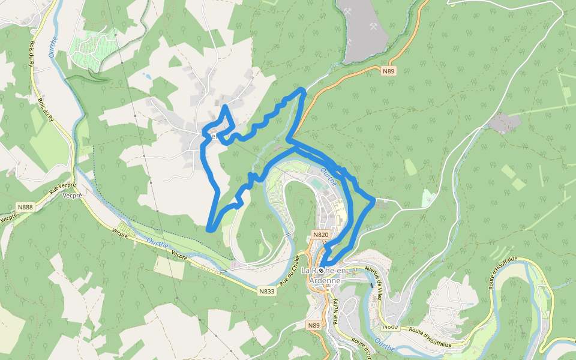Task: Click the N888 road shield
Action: point(26,207)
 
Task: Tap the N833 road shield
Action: point(267,292)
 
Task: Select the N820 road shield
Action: point(321,235)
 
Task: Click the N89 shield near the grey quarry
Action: point(389,71)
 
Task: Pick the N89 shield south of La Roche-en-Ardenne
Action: point(314,325)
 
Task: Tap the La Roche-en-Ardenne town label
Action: point(321,275)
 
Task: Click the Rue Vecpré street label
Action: point(62,189)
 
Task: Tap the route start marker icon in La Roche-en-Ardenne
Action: point(321,271)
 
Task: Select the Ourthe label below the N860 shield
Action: point(385,345)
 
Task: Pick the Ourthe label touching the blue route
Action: point(329,176)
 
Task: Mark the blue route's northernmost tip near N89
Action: point(302,90)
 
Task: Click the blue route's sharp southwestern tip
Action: point(208,229)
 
